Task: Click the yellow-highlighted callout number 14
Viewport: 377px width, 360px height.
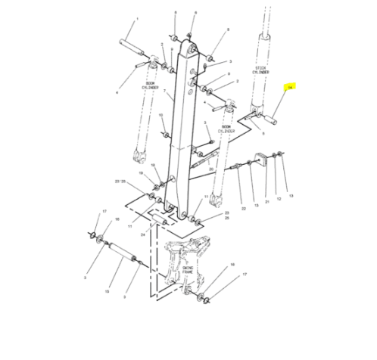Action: tap(288, 88)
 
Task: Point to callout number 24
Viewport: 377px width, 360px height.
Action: tap(142, 234)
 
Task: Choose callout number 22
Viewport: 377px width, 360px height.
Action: tap(243, 207)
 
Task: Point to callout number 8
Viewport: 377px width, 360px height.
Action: tap(227, 29)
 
